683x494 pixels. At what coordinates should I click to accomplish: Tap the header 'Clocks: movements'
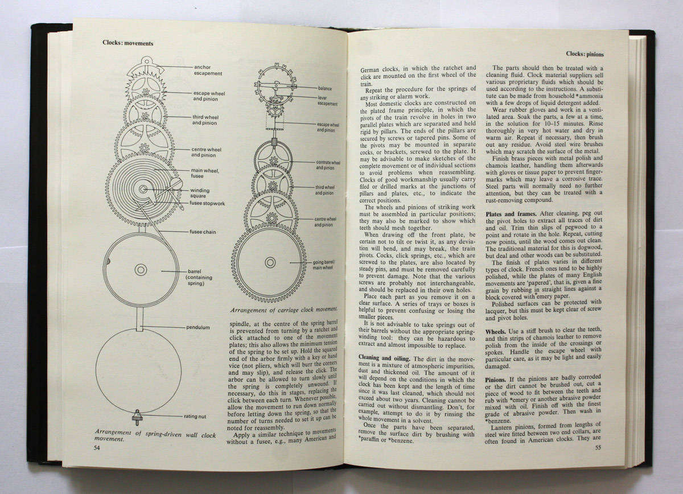[127, 42]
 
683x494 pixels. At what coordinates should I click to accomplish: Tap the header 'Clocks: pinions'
[585, 54]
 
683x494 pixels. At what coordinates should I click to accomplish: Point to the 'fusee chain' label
[201, 232]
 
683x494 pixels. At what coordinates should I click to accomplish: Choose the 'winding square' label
[200, 194]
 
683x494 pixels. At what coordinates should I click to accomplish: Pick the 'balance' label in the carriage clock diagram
[325, 89]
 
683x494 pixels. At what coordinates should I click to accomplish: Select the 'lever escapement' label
[327, 101]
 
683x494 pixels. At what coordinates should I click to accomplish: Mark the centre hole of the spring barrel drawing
[141, 270]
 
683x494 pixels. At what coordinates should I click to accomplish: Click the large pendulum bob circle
[138, 370]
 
